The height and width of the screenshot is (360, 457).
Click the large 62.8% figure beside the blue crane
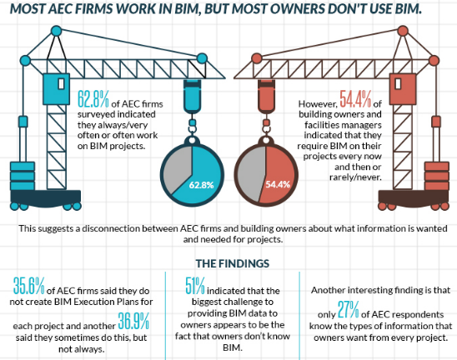point(93,97)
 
